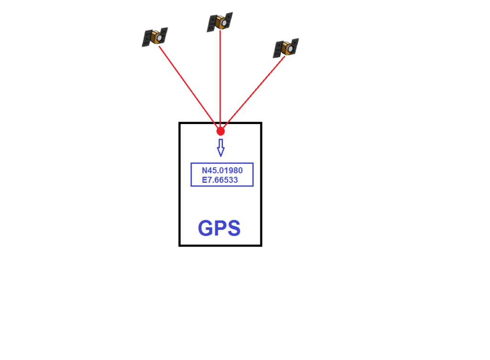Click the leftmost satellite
tap(155, 37)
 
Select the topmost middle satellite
tap(220, 22)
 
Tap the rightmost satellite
tap(286, 48)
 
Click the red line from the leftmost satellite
tap(188, 87)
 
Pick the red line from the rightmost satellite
tap(254, 92)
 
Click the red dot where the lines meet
tap(221, 131)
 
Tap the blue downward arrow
tap(221, 147)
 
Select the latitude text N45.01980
tap(222, 170)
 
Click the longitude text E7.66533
tap(220, 180)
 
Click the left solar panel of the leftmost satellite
tap(147, 38)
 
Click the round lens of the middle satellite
tap(224, 23)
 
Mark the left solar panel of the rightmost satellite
tap(278, 49)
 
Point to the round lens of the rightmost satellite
tap(290, 49)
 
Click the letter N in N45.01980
tap(204, 170)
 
